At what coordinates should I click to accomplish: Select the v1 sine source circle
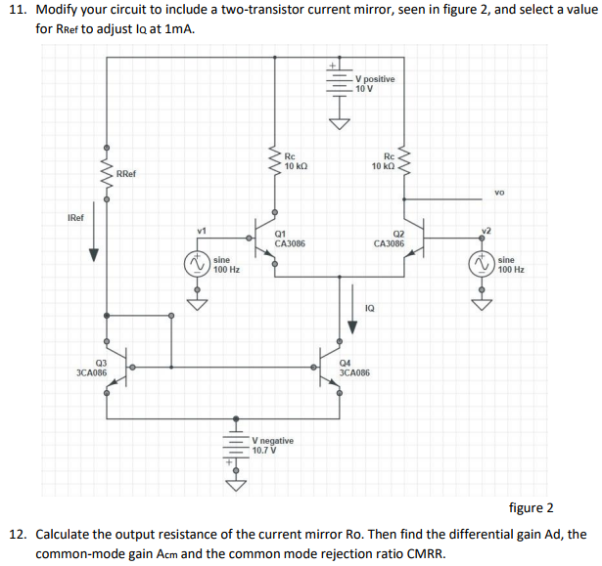tap(198, 263)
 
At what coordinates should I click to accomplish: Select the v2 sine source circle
tap(481, 263)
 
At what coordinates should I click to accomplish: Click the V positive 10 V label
tap(375, 83)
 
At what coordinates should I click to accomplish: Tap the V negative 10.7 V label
tap(271, 446)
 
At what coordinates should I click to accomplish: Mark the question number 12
tap(17, 535)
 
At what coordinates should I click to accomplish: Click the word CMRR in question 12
tap(424, 553)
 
